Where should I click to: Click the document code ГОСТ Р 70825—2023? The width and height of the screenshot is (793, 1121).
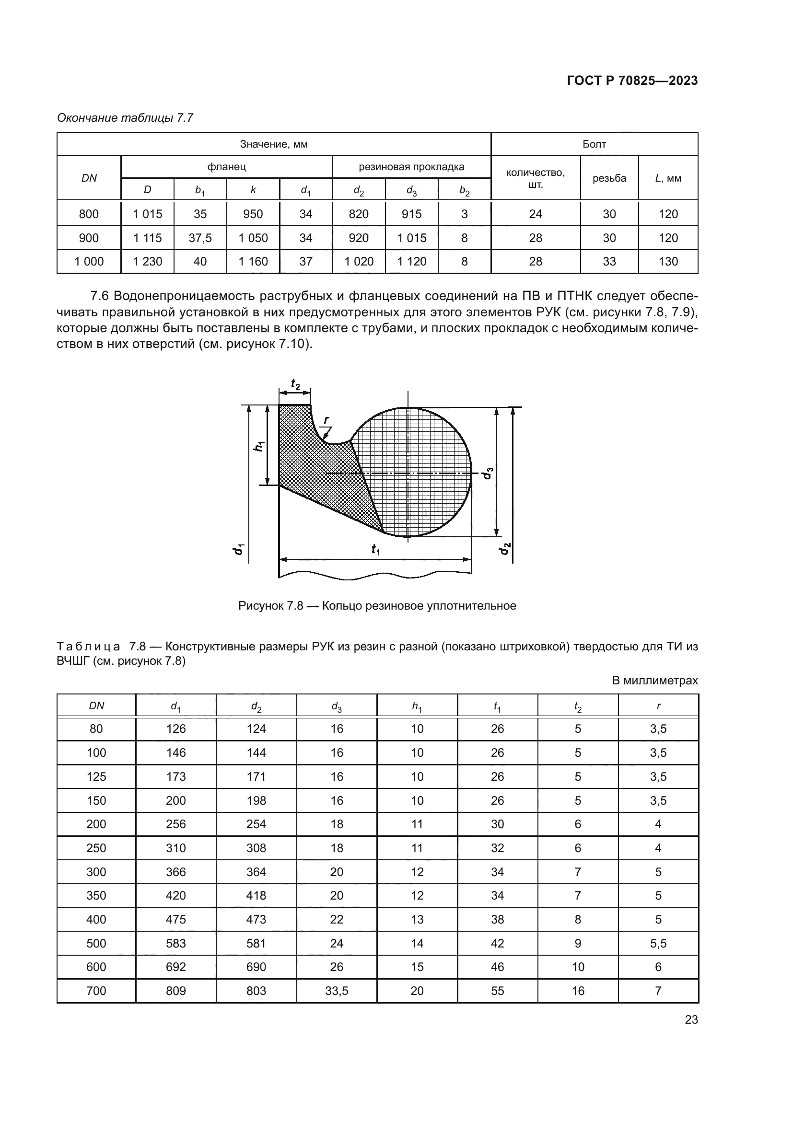click(x=632, y=81)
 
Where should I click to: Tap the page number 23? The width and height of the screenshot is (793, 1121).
click(x=691, y=1019)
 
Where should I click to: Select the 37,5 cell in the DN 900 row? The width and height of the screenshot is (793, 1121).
click(x=200, y=238)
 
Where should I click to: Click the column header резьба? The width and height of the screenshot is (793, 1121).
click(x=609, y=178)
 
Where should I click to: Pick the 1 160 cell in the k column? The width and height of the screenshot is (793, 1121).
click(x=253, y=262)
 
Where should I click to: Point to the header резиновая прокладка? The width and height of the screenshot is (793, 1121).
click(x=411, y=167)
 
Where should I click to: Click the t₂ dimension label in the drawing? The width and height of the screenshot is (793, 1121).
click(x=295, y=384)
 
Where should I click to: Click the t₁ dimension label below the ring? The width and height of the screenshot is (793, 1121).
click(x=375, y=549)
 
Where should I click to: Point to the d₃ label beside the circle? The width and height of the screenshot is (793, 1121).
click(x=488, y=473)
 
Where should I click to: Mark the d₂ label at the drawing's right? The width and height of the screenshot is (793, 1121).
click(x=504, y=548)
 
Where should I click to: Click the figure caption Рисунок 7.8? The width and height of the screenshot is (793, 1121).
click(x=376, y=606)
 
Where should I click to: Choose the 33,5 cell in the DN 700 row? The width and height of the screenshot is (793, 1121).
click(x=337, y=991)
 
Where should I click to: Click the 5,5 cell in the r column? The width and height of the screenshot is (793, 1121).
click(x=658, y=943)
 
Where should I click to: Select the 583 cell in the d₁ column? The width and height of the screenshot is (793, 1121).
click(x=176, y=943)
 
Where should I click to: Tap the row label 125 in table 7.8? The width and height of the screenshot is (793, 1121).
click(x=96, y=777)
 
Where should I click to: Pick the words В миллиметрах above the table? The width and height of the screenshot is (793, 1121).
click(x=654, y=681)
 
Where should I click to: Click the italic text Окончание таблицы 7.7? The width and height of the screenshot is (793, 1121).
click(x=125, y=118)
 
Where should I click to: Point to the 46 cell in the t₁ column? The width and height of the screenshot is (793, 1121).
click(x=497, y=967)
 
